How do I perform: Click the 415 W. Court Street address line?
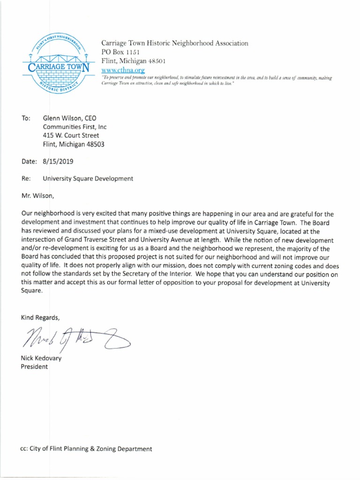click(71, 135)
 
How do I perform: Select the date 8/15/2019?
click(58, 161)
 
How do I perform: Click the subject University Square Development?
click(88, 179)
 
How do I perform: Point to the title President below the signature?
click(34, 367)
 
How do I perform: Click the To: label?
click(26, 118)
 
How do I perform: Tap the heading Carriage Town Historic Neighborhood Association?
click(175, 43)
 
